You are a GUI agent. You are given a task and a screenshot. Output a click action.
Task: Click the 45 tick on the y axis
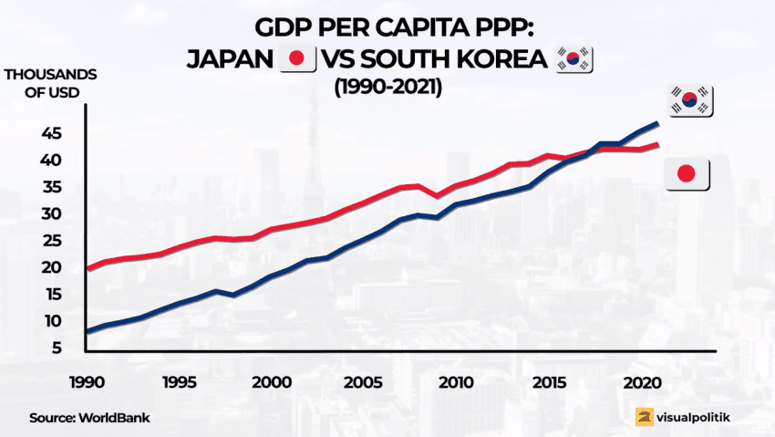(50, 133)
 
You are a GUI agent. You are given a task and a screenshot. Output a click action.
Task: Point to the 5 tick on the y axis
(57, 349)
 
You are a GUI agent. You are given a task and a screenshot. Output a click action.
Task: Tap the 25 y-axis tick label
(50, 241)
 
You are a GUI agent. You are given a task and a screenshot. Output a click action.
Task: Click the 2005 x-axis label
(362, 381)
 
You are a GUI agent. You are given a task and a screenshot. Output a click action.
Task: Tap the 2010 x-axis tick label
(456, 381)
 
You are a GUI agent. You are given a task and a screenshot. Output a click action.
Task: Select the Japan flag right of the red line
(687, 173)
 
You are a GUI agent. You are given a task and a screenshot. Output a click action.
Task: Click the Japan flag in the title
(296, 59)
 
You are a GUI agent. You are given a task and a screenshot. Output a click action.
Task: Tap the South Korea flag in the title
(573, 59)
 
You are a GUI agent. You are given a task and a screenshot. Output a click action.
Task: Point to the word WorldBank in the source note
(114, 417)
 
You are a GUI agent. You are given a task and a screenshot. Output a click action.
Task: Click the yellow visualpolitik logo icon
(645, 417)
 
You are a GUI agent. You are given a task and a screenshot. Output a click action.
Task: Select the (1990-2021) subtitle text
(387, 88)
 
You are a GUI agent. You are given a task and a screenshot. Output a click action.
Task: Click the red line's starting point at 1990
(87, 269)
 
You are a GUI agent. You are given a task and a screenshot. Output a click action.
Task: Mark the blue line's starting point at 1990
(87, 331)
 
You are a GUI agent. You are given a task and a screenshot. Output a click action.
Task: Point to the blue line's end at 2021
(657, 123)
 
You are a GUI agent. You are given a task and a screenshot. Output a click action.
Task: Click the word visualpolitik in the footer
(697, 417)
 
